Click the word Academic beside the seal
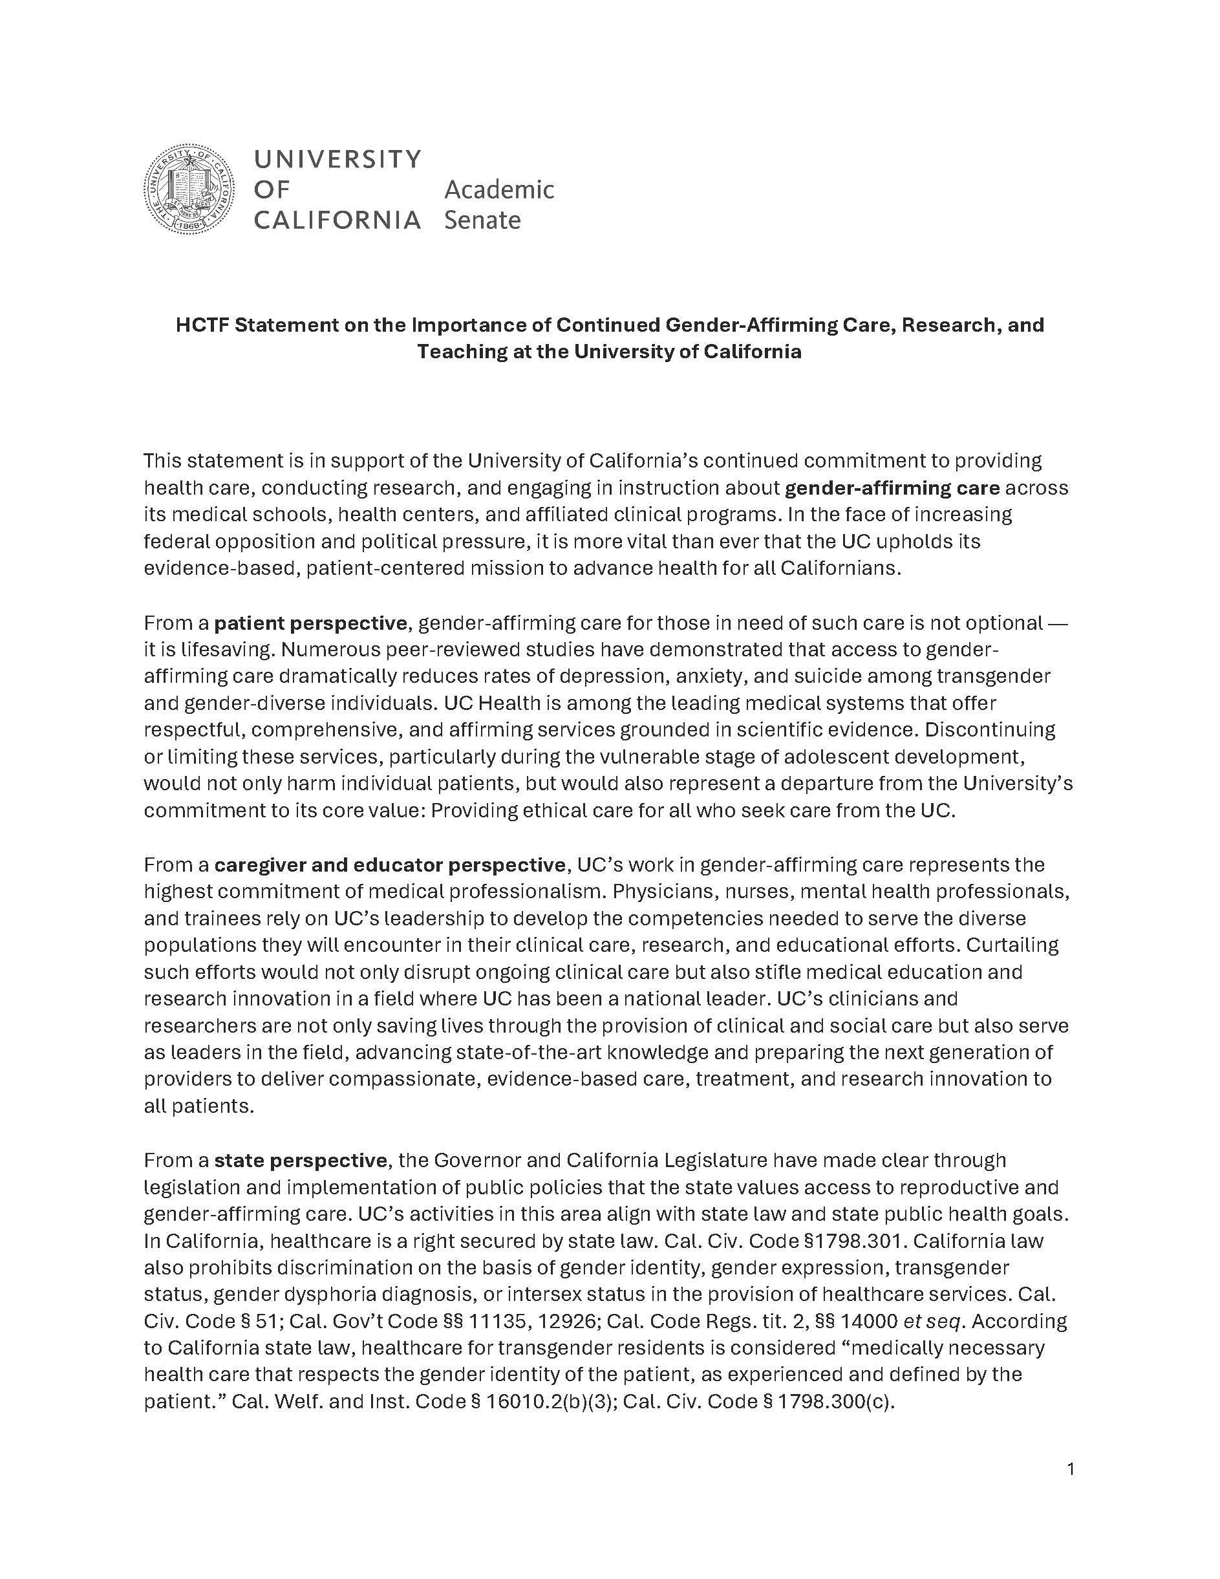click(x=498, y=190)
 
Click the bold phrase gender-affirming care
click(x=892, y=488)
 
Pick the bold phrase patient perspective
click(x=312, y=623)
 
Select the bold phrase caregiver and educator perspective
click(x=390, y=865)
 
